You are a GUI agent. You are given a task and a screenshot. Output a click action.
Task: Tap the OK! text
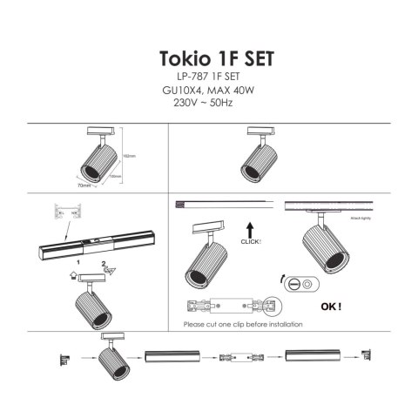[x=331, y=307]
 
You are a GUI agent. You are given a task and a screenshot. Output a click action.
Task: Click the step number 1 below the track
[x=78, y=260]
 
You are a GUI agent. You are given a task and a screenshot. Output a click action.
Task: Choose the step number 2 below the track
[x=103, y=260]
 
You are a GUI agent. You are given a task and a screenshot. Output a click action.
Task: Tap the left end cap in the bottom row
[x=64, y=358]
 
